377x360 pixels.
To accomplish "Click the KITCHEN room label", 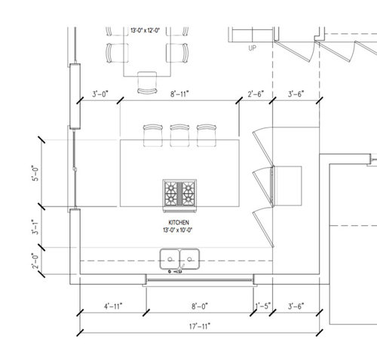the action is point(179,222).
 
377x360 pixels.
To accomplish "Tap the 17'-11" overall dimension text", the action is point(200,326).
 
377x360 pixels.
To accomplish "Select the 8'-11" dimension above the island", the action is point(179,94).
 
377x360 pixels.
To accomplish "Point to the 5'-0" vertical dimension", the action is point(35,173).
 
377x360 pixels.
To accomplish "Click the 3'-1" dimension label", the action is point(35,227).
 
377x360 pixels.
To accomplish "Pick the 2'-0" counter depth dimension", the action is point(35,261).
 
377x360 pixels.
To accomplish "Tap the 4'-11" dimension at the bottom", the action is point(113,307).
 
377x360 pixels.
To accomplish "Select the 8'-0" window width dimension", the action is point(200,307).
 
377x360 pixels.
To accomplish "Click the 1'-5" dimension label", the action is point(263,307).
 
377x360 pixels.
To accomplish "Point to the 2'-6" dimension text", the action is point(256,94).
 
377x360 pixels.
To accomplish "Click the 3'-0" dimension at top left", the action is point(100,94).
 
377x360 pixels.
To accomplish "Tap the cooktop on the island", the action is point(179,194).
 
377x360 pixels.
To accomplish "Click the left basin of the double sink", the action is point(170,259).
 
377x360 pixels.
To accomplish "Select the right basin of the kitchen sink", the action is point(189,259).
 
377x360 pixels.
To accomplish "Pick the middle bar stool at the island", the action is point(179,136).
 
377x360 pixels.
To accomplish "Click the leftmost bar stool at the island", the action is point(153,136).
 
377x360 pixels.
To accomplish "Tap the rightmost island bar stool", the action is point(207,136).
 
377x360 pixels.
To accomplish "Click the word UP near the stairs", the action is point(252,48).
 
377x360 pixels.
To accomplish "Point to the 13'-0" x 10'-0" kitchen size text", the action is point(178,230).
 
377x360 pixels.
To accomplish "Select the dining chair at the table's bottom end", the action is point(147,83).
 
